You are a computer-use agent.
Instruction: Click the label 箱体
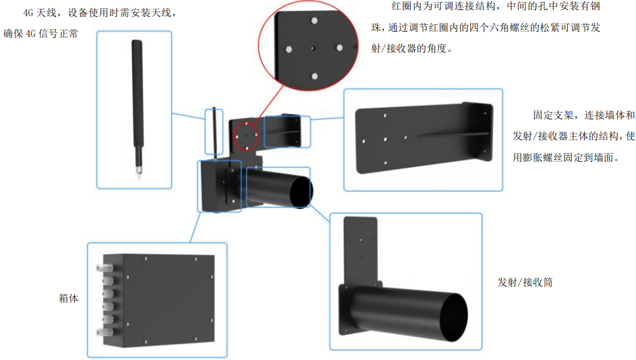click(x=69, y=297)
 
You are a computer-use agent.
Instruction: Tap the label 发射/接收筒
click(x=525, y=282)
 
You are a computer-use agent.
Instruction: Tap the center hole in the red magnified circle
click(x=314, y=48)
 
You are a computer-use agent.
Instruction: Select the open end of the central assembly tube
click(x=301, y=193)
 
